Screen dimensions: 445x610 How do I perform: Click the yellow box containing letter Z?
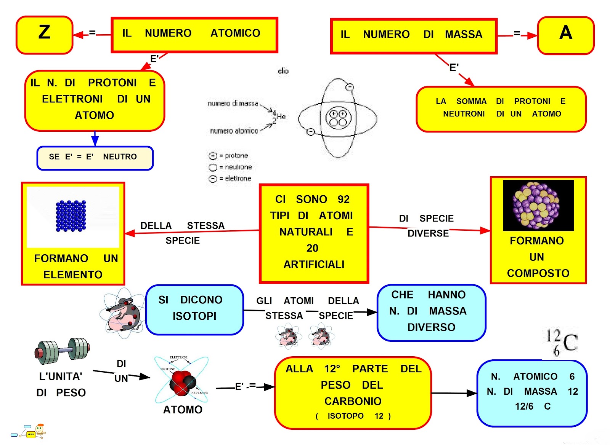pyautogui.click(x=44, y=35)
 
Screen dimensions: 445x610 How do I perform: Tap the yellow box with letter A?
pyautogui.click(x=565, y=35)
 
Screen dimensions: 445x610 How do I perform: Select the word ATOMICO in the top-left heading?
pyautogui.click(x=235, y=33)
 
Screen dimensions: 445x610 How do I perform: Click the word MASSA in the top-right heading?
pyautogui.click(x=463, y=35)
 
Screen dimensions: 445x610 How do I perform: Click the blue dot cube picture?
pyautogui.click(x=71, y=216)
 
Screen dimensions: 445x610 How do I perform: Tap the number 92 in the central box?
pyautogui.click(x=344, y=199)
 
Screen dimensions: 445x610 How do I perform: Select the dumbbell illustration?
pyautogui.click(x=62, y=351)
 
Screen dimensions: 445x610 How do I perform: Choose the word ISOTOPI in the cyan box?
pyautogui.click(x=194, y=316)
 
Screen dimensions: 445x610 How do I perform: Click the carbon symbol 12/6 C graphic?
pyautogui.click(x=561, y=342)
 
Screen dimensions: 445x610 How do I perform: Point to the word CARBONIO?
pyautogui.click(x=353, y=401)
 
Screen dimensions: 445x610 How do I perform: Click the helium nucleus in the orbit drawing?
pyautogui.click(x=338, y=118)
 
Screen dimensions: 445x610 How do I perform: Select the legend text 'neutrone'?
pyautogui.click(x=238, y=167)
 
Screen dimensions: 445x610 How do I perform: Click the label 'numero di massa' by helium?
pyautogui.click(x=233, y=104)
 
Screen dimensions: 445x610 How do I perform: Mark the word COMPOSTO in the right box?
pyautogui.click(x=538, y=273)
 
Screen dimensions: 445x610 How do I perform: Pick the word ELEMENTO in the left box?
pyautogui.click(x=73, y=275)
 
